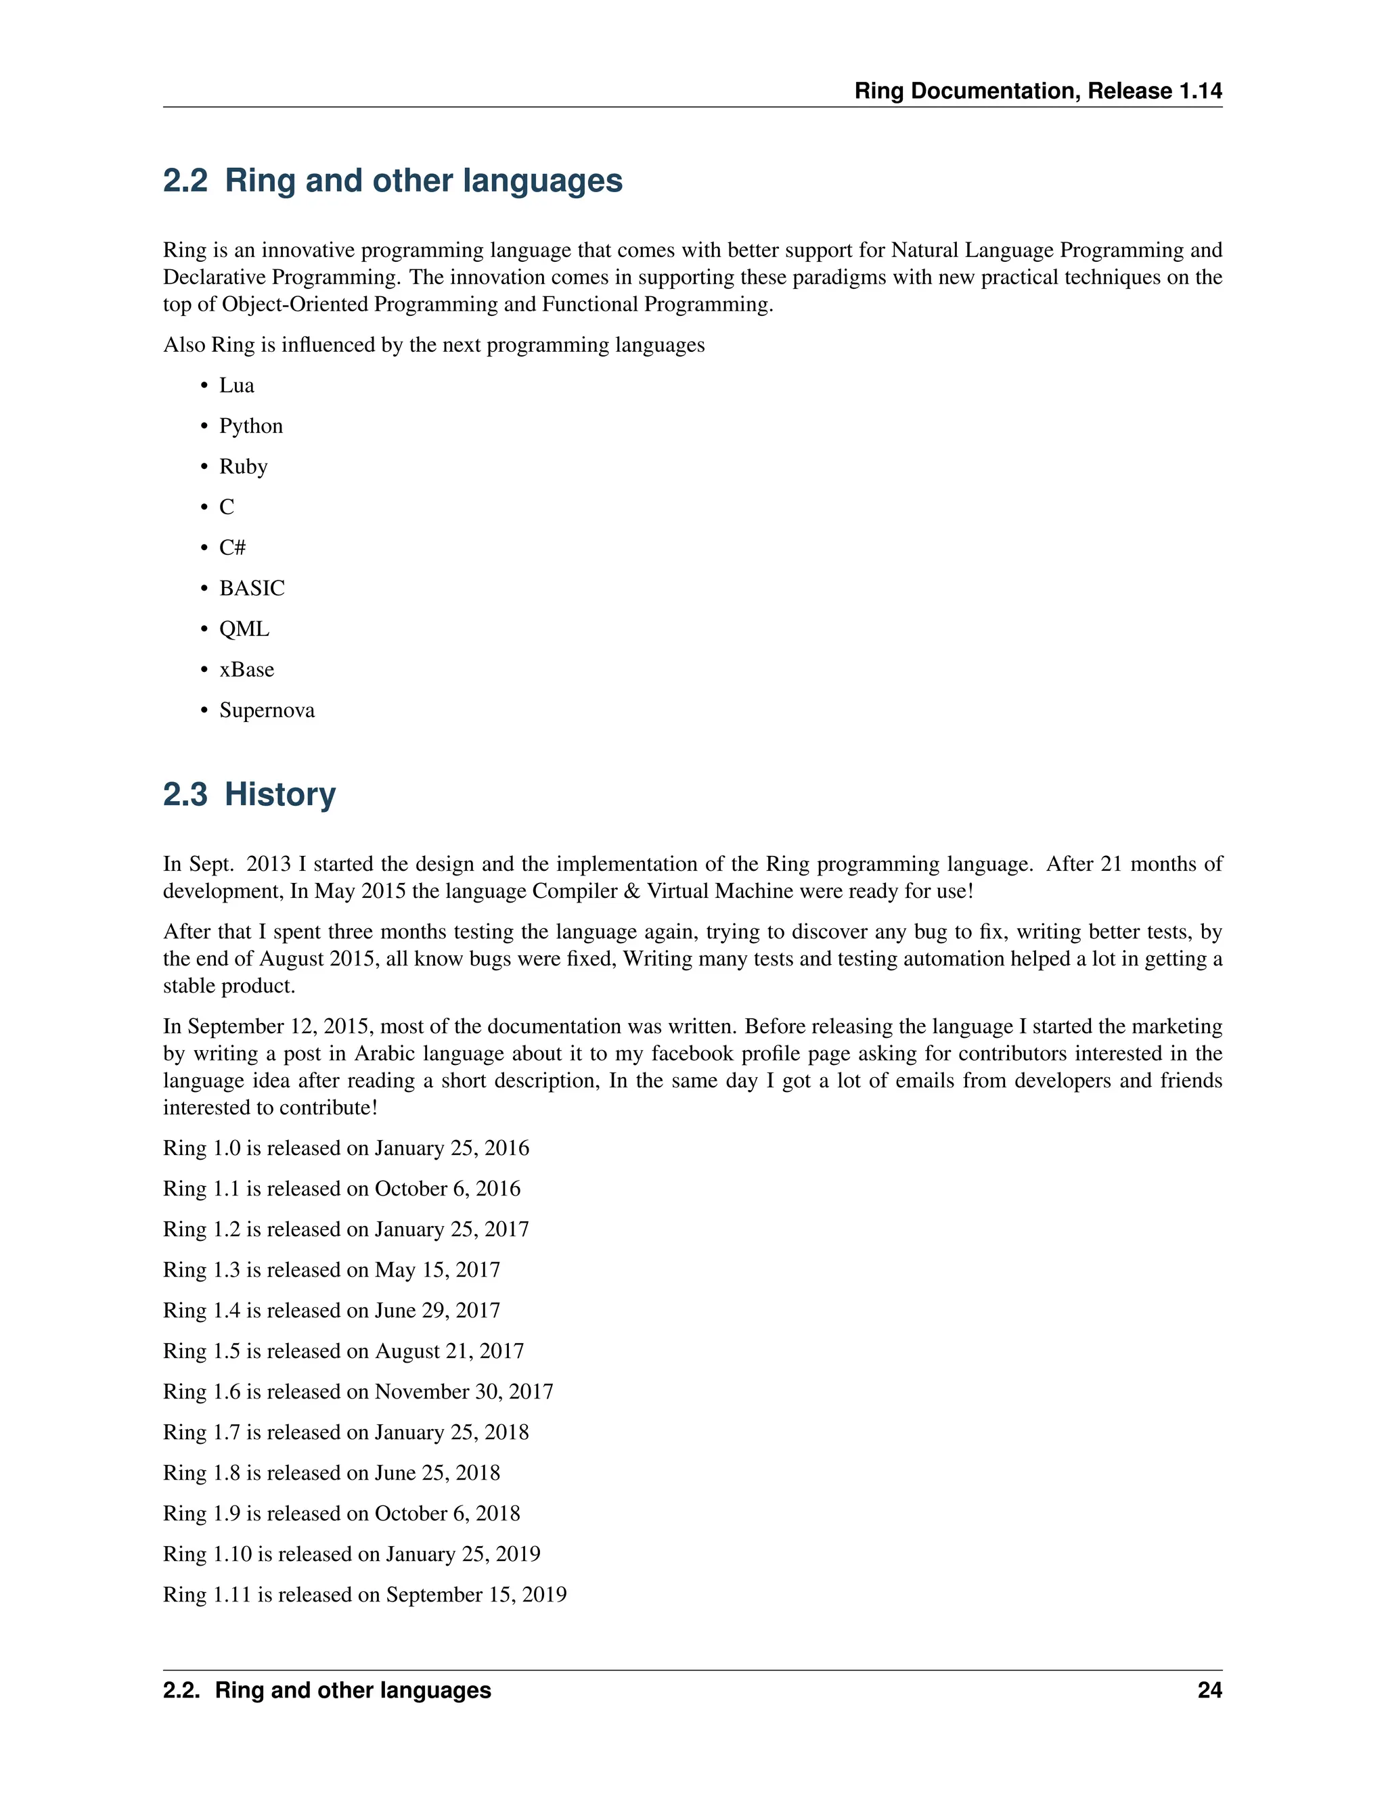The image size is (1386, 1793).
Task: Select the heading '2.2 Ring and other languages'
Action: tap(393, 181)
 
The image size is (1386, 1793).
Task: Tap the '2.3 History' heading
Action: tap(249, 795)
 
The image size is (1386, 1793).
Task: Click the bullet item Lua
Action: tap(236, 386)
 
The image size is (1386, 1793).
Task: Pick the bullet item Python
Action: tap(250, 426)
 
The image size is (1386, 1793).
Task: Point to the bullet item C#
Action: tap(232, 547)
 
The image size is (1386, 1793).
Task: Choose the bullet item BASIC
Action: tap(251, 589)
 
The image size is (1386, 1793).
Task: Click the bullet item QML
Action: tap(244, 629)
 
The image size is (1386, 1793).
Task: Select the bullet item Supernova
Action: tap(267, 710)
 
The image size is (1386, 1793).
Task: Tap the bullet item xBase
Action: tap(246, 670)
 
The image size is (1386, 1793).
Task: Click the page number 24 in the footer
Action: tap(1209, 1690)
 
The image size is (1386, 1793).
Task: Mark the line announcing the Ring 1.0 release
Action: tap(346, 1149)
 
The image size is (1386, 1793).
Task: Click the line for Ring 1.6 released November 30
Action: tap(358, 1392)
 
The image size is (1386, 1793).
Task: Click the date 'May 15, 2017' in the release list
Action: tap(437, 1270)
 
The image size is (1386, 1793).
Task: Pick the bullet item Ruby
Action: tap(243, 467)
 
